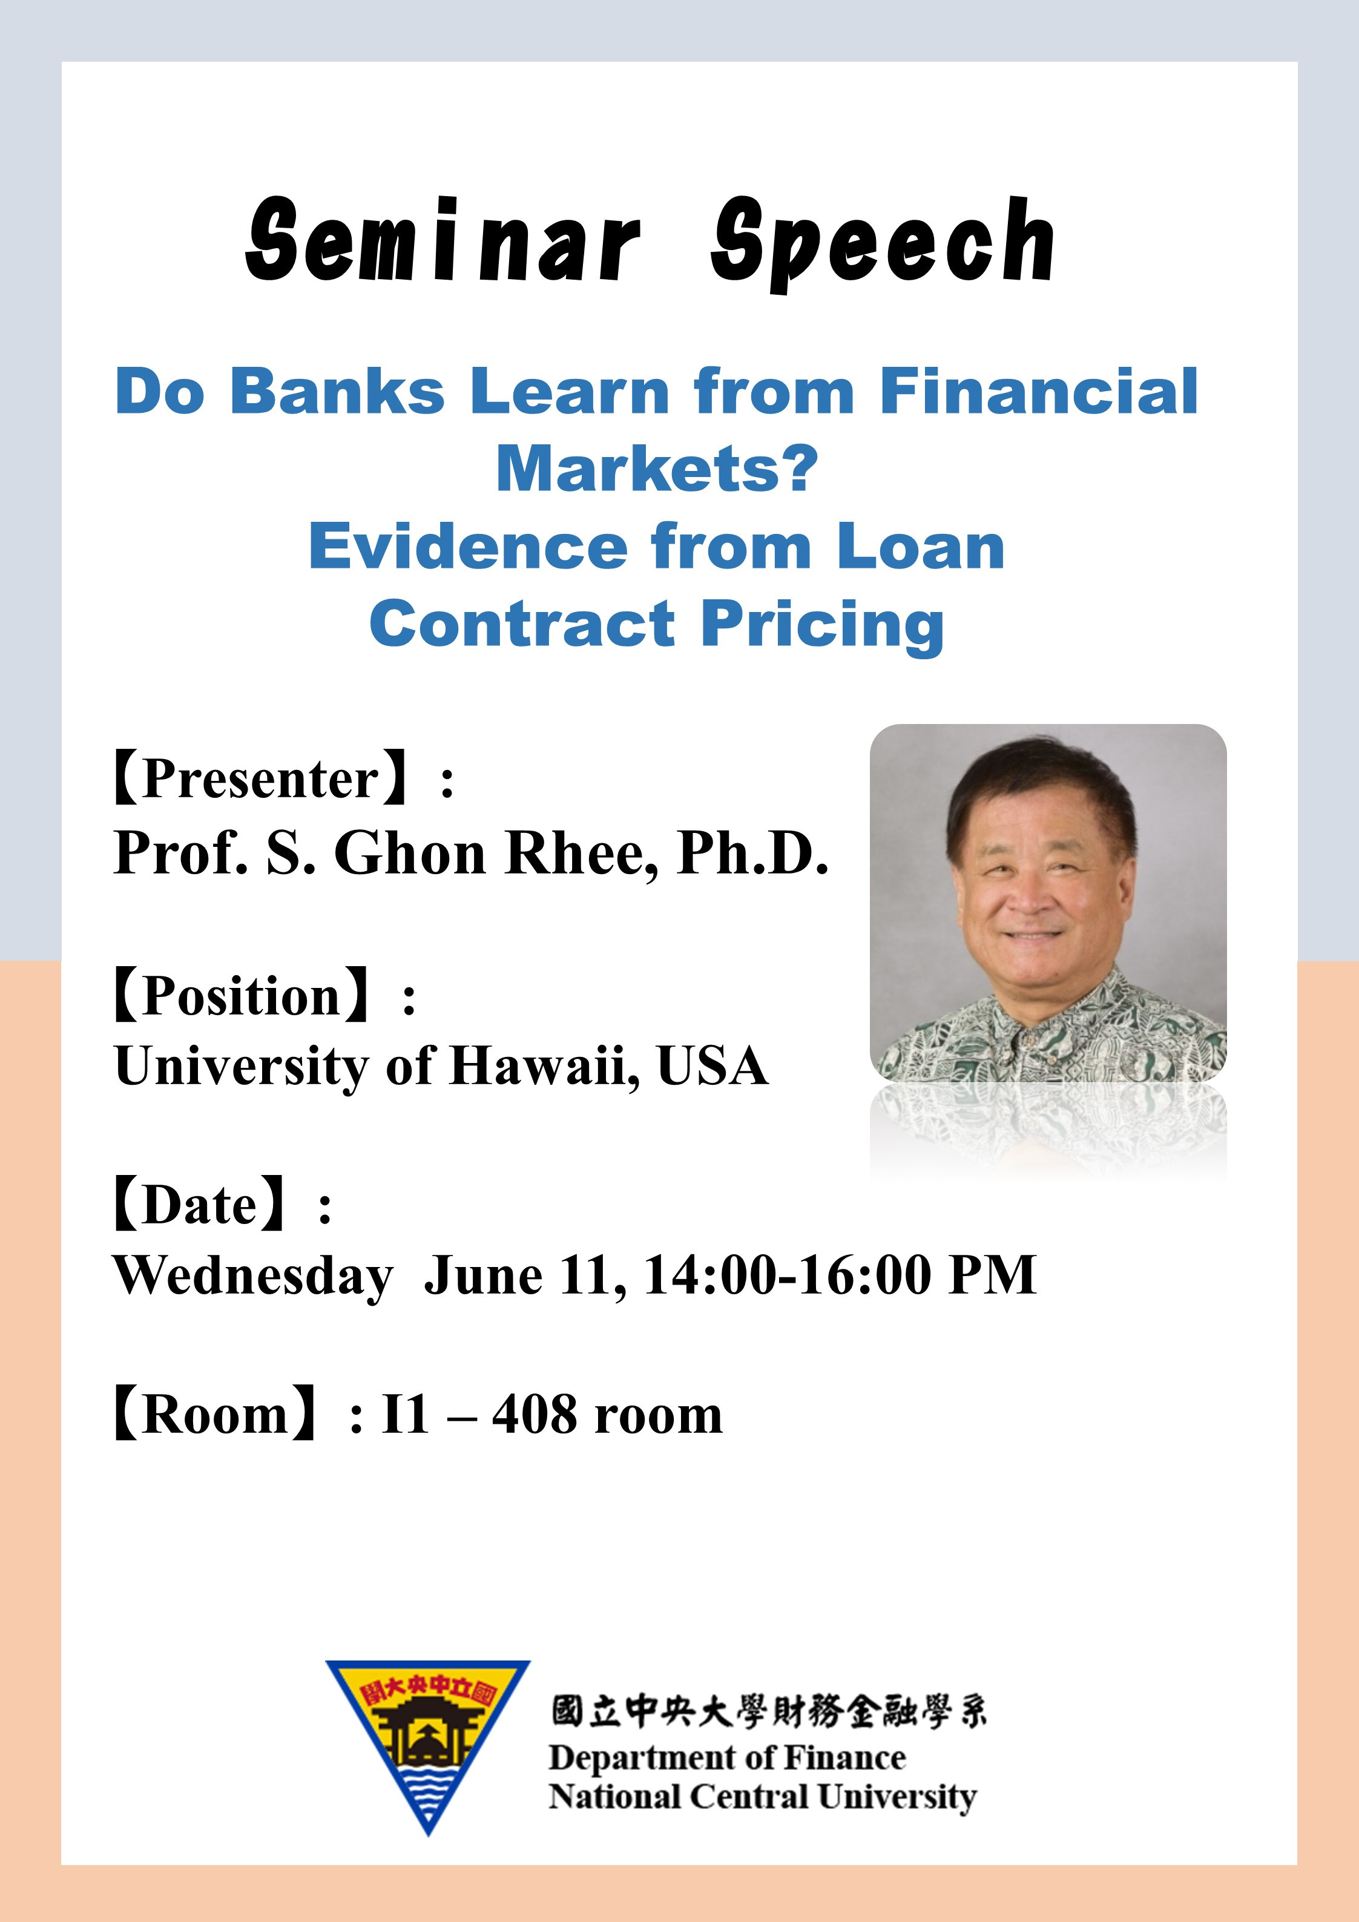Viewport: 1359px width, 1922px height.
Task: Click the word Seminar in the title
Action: pos(444,241)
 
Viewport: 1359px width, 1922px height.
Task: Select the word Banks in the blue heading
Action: pos(337,391)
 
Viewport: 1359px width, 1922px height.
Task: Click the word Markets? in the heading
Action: pos(657,469)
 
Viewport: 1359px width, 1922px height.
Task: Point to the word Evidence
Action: pos(468,547)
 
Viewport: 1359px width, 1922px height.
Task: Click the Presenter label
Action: pos(260,779)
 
